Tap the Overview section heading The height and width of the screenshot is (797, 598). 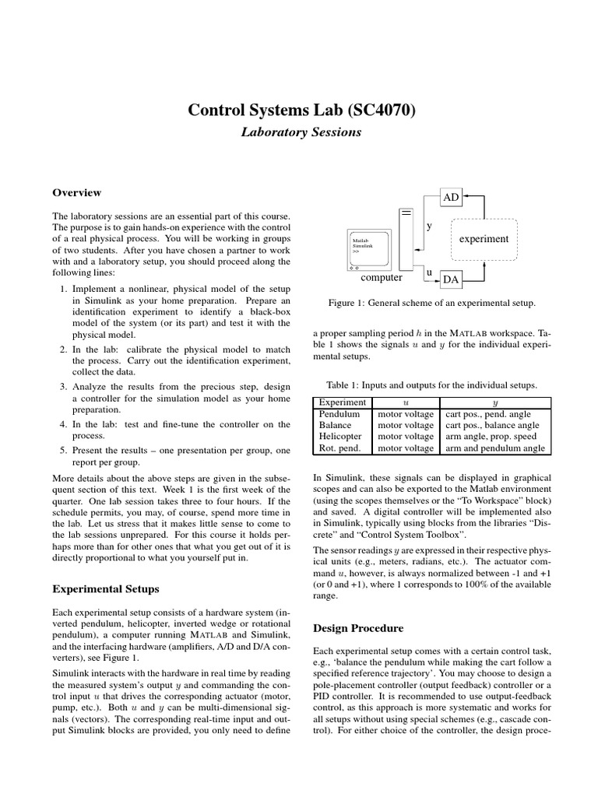pos(76,193)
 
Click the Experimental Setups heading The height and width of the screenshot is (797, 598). pos(105,588)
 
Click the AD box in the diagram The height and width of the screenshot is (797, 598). pos(452,198)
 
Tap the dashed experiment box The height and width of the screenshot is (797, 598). pos(484,239)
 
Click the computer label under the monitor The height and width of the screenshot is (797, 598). pos(382,277)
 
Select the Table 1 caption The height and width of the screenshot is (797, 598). pos(431,385)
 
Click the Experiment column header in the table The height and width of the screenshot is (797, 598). pos(343,402)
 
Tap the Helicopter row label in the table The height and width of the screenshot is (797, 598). pos(340,437)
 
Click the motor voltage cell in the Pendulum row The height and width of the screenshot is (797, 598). pos(406,414)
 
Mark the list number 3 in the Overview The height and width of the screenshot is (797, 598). pos(63,387)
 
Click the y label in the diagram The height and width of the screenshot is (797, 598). pos(428,226)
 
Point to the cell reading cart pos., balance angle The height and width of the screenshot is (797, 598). pos(492,426)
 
